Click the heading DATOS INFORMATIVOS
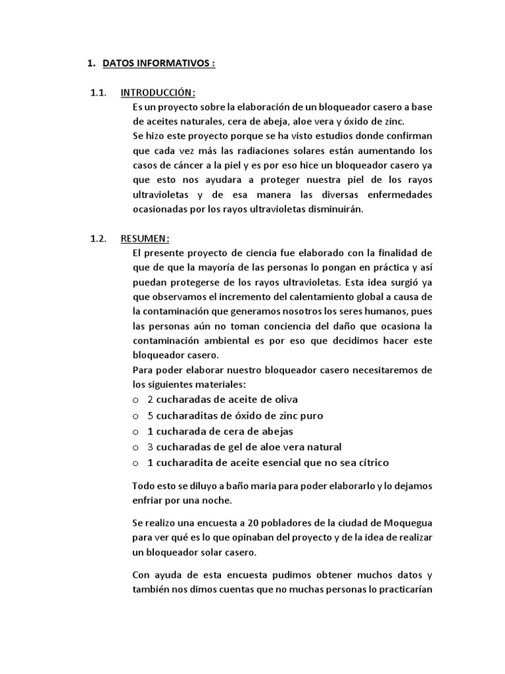click(158, 64)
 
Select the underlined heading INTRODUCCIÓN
click(158, 92)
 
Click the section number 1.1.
click(98, 92)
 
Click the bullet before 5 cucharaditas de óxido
click(135, 416)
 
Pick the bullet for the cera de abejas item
click(135, 432)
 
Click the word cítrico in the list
click(371, 463)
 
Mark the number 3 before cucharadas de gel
click(151, 448)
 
